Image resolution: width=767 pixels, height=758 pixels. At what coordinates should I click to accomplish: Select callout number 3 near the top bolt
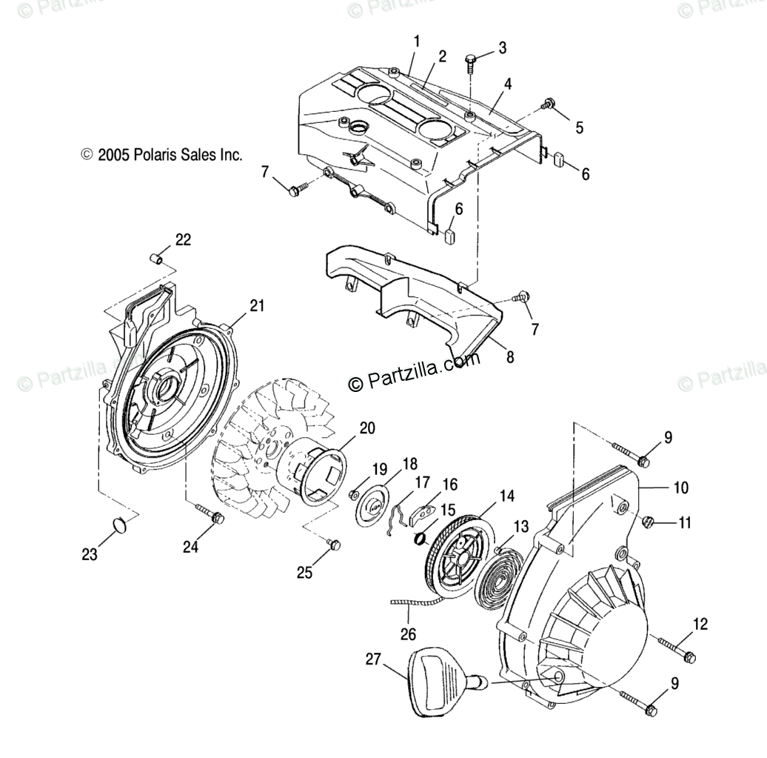point(503,48)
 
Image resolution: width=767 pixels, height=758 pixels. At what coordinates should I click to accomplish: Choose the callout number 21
point(235,305)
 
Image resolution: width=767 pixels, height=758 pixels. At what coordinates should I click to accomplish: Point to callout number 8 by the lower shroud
point(509,356)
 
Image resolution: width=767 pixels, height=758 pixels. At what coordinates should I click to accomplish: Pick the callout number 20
point(367,428)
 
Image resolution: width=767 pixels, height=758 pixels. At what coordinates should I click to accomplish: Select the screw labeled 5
point(549,104)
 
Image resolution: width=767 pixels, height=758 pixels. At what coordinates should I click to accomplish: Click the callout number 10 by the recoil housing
point(681,488)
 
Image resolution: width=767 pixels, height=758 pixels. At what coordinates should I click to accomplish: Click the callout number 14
point(486,495)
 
